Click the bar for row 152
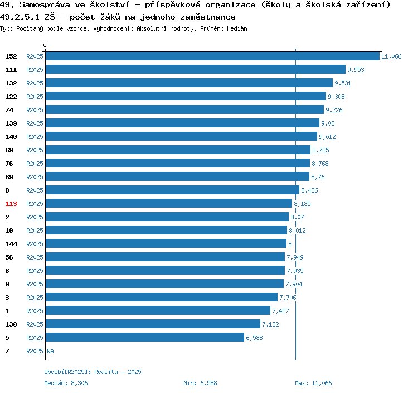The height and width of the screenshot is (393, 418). click(212, 56)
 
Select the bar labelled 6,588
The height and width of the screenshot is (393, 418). click(144, 338)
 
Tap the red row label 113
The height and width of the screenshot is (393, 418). click(11, 204)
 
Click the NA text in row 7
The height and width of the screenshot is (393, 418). click(50, 351)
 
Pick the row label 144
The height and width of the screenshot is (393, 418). click(11, 244)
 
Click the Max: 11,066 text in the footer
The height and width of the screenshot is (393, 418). click(313, 383)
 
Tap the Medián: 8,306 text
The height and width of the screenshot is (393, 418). click(66, 383)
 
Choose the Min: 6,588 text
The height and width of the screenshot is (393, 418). click(200, 383)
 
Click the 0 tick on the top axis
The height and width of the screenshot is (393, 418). click(45, 46)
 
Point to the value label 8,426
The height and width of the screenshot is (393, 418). click(309, 190)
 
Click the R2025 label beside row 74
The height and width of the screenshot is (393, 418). click(35, 110)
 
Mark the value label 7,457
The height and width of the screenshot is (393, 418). click(280, 311)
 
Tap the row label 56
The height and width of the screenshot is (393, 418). click(9, 257)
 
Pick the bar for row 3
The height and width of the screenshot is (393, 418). click(161, 298)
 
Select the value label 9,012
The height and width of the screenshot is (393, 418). click(328, 137)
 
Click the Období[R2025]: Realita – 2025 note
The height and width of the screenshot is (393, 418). click(93, 372)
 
